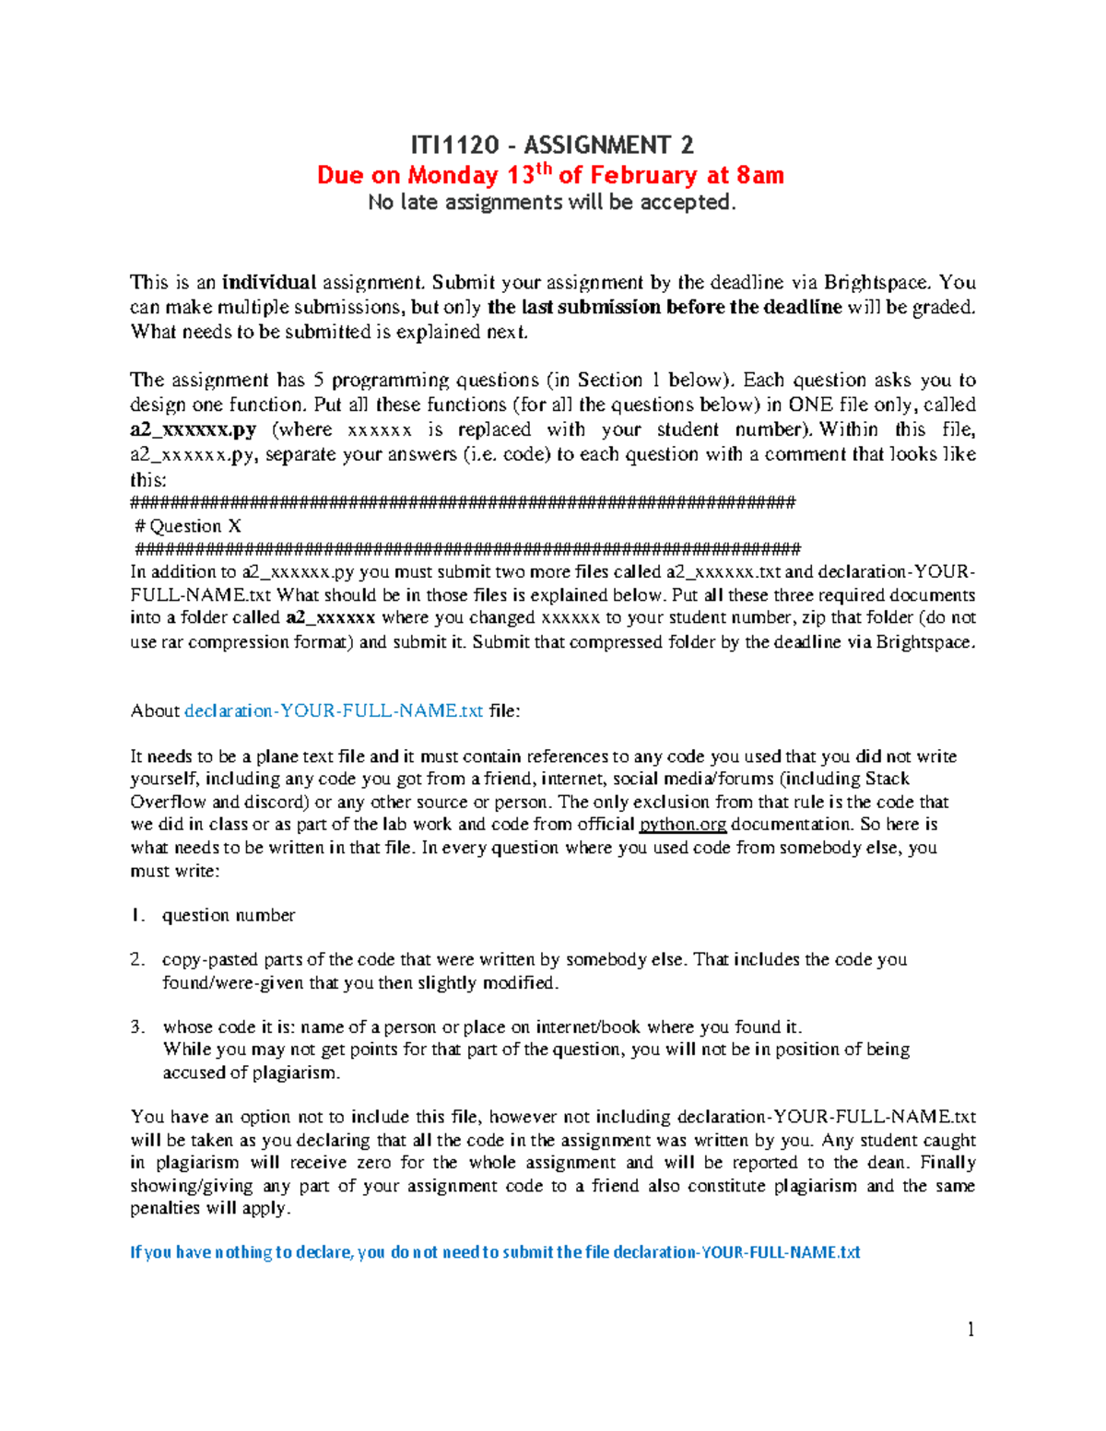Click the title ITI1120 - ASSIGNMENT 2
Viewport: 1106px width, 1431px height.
click(551, 145)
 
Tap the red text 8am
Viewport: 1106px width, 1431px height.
click(759, 175)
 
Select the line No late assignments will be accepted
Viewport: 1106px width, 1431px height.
click(551, 202)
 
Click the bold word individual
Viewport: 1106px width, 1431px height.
click(268, 282)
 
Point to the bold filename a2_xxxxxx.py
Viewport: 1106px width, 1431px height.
click(193, 429)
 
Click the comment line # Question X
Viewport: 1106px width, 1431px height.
click(188, 526)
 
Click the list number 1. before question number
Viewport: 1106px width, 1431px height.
click(137, 915)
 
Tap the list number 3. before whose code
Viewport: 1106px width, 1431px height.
click(137, 1026)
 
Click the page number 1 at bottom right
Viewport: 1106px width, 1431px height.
click(971, 1329)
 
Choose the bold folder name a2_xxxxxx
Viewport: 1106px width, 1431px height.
click(330, 618)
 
